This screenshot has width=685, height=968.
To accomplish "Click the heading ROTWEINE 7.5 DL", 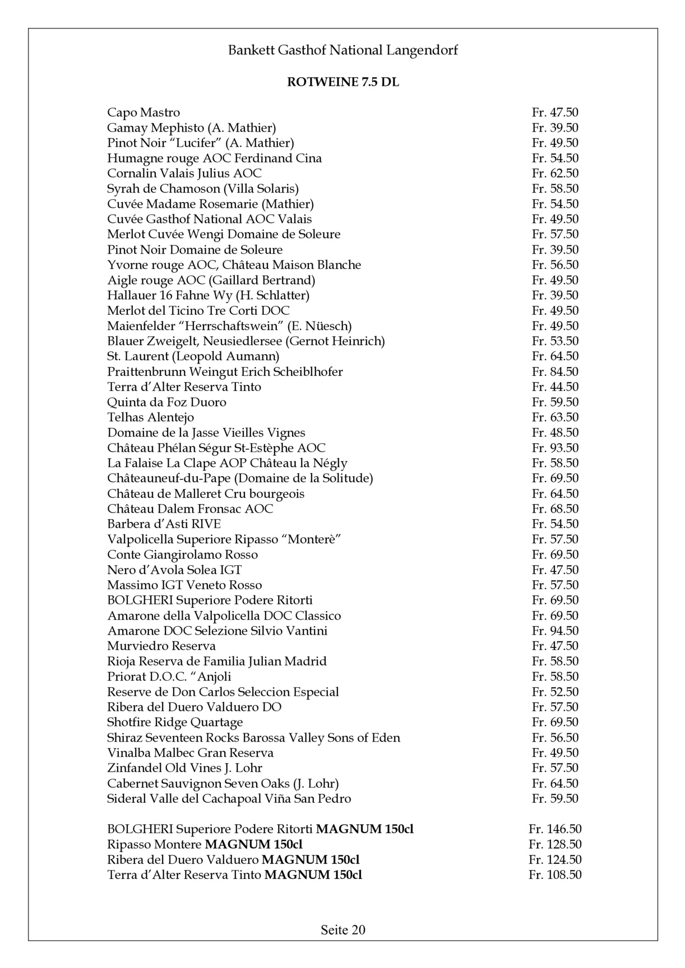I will [x=342, y=82].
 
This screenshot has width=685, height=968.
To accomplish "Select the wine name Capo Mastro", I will [x=144, y=113].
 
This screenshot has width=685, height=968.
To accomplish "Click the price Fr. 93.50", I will [x=555, y=448].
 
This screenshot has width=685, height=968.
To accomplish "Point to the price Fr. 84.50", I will [x=555, y=372].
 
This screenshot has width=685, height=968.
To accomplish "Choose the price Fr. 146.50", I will [x=554, y=829].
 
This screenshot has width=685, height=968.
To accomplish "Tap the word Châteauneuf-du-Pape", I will [x=169, y=478].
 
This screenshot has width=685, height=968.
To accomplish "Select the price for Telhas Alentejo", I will [x=555, y=417].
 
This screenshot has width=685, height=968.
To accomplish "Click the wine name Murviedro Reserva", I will [x=161, y=646].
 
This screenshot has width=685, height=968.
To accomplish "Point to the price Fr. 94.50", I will [x=555, y=631].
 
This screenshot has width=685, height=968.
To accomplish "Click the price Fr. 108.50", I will [x=554, y=875].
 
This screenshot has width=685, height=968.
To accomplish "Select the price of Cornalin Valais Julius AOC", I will [x=555, y=174].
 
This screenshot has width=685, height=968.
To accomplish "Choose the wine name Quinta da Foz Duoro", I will [x=166, y=402].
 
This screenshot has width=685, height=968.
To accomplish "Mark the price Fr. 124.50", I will [x=554, y=860].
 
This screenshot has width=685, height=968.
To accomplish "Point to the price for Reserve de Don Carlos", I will [x=555, y=692].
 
